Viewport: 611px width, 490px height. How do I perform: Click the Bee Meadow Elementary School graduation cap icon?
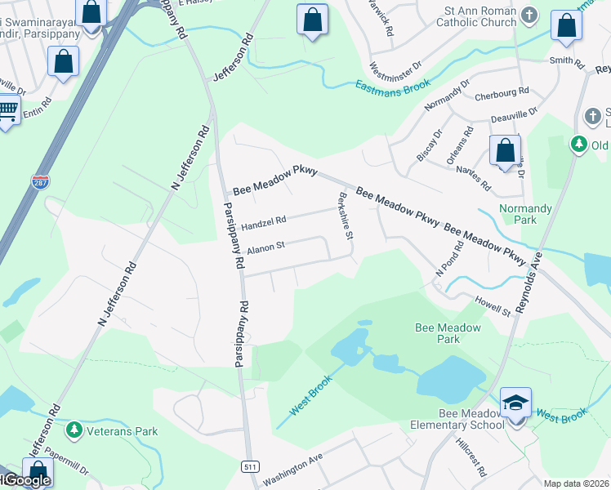(516, 403)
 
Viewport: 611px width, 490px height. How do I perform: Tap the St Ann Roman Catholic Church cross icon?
(529, 14)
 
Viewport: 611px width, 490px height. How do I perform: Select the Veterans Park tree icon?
(74, 428)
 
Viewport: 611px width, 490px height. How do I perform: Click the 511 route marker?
(251, 465)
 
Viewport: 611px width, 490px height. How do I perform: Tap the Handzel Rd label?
(263, 221)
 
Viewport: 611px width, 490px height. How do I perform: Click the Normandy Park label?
(525, 214)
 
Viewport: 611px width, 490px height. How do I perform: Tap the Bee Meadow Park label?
(448, 332)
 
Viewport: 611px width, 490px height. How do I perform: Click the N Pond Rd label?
(454, 261)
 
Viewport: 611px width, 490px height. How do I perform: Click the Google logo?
(26, 480)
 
